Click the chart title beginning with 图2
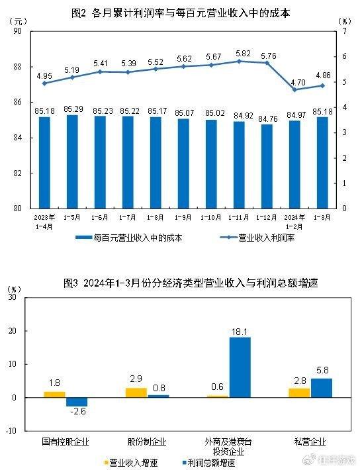[x=180, y=13]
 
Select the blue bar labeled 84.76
[x=267, y=165]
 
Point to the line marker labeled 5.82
[x=238, y=61]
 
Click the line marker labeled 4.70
[x=294, y=89]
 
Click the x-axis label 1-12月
[x=267, y=216]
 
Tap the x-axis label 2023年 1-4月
[x=44, y=220]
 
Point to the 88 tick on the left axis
[x=17, y=67]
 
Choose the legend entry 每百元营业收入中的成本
[x=128, y=238]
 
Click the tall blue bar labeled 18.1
[x=240, y=367]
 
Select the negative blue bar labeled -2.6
[x=76, y=402]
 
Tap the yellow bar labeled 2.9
[x=136, y=393]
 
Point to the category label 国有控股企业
[x=65, y=440]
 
